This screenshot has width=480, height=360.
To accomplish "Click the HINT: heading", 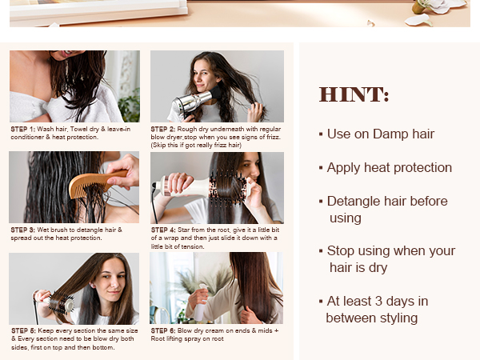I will click(354, 94).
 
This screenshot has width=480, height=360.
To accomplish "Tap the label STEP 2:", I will click(164, 128).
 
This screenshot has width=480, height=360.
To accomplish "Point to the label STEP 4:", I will click(164, 230).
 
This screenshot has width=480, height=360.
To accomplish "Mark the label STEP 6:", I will click(164, 330).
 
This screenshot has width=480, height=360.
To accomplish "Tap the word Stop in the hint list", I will click(342, 251).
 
